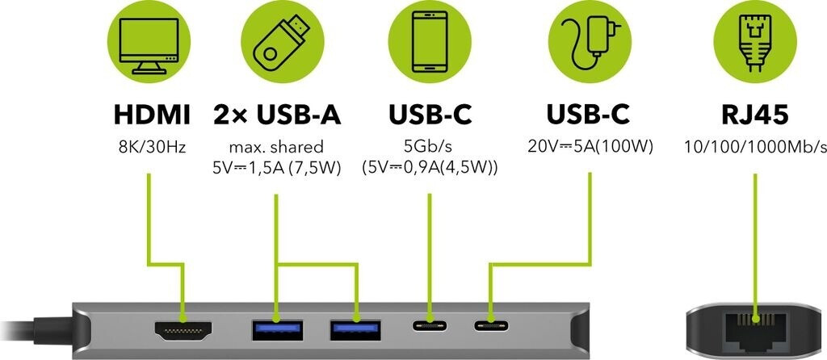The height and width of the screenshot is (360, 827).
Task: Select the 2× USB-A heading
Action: (x=277, y=115)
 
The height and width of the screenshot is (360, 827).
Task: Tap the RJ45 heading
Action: (x=756, y=115)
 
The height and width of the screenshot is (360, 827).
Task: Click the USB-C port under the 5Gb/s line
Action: (x=430, y=328)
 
